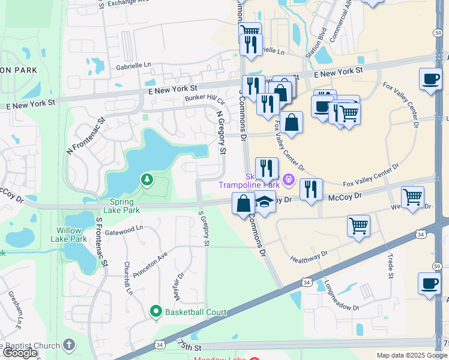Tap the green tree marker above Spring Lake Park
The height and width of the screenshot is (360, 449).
pos(146,179)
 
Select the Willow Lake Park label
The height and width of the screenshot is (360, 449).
pos(72,235)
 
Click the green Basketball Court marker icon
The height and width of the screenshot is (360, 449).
pos(156,311)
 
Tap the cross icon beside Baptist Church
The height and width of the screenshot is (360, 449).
pos(70,345)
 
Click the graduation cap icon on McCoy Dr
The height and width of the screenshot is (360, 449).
pos(264,202)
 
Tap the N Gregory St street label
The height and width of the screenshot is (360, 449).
pos(220,132)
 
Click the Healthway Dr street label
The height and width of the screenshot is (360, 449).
pos(309,257)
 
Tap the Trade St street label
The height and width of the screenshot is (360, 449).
pos(391,266)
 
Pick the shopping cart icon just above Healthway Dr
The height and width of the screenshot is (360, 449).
pos(358,226)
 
